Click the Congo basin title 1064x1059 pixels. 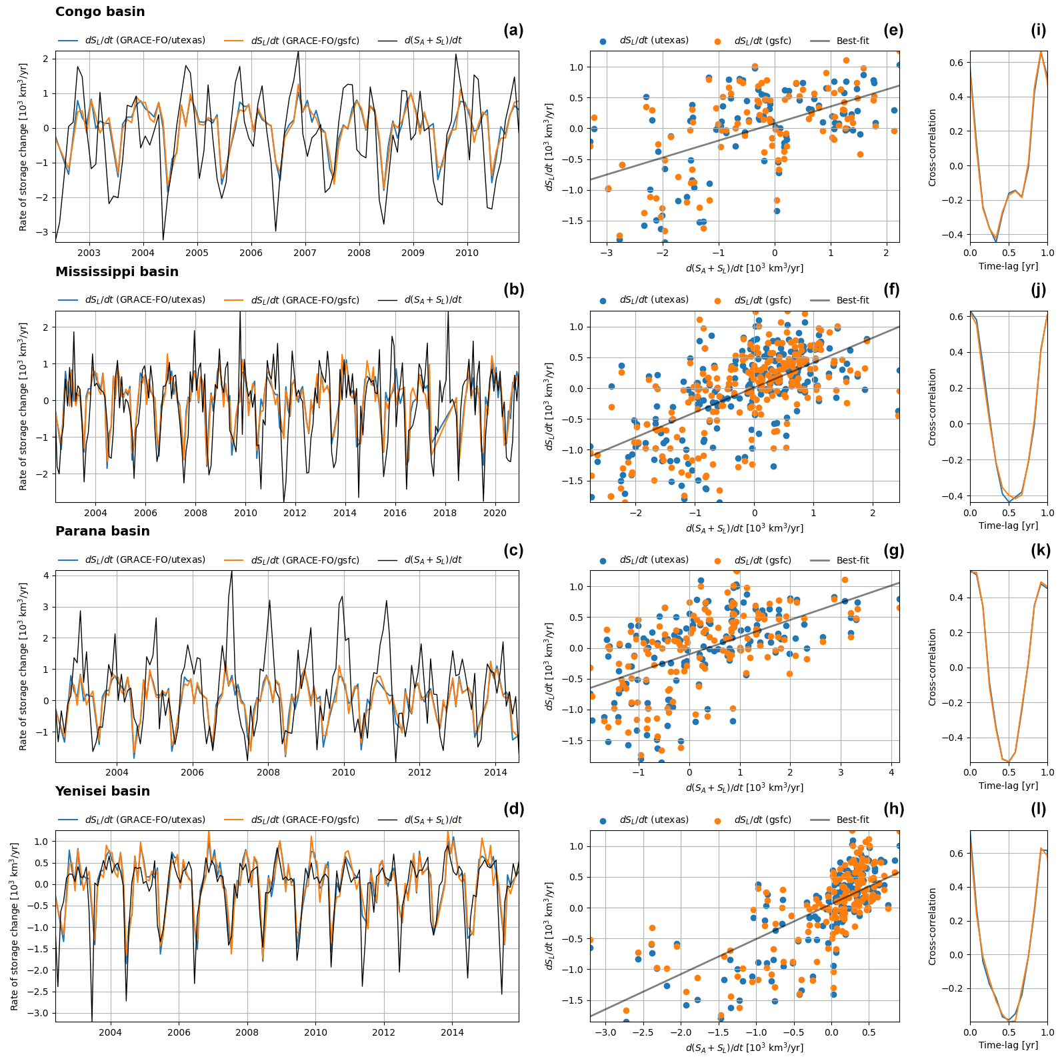click(x=100, y=12)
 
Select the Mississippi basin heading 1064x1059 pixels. click(x=117, y=272)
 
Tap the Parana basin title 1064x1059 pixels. click(x=103, y=532)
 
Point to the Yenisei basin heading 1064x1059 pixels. click(x=103, y=792)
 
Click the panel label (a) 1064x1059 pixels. click(x=513, y=30)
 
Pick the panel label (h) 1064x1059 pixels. click(x=893, y=809)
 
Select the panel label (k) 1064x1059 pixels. click(x=1040, y=550)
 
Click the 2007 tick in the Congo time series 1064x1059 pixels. click(x=305, y=253)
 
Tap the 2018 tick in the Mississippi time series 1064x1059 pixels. click(x=445, y=513)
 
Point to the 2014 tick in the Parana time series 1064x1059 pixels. click(x=495, y=772)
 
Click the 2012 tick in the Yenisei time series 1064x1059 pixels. click(x=383, y=1032)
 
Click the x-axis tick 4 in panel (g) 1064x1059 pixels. click(x=891, y=772)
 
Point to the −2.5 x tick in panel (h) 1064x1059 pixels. click(x=643, y=1032)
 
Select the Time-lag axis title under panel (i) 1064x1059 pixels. click(x=1008, y=266)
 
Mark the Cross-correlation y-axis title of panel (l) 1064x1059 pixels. click(x=932, y=926)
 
